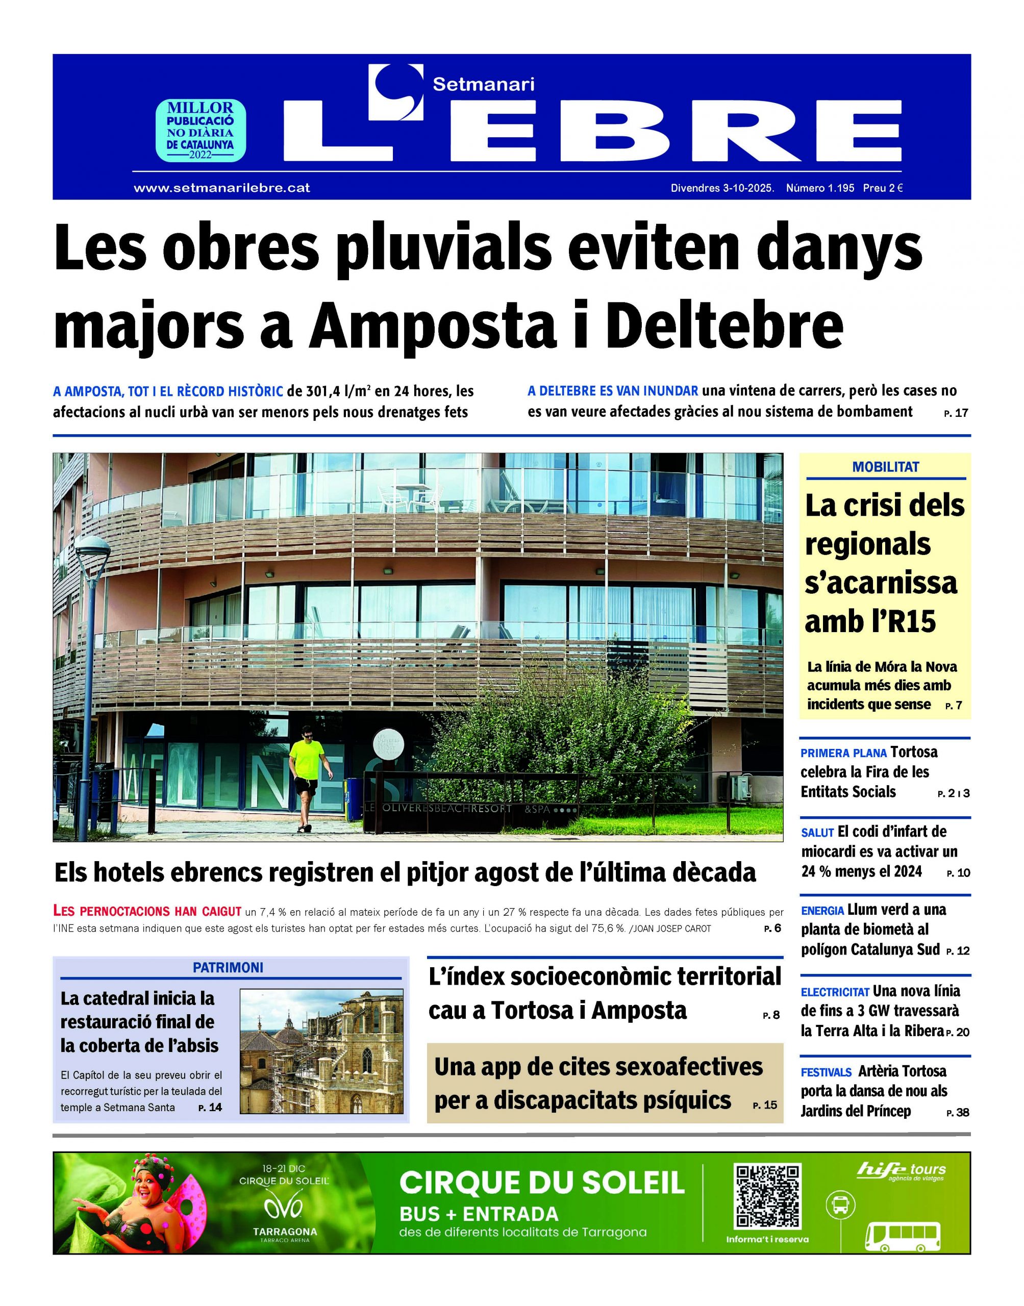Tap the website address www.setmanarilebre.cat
coord(222,188)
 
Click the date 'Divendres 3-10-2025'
coord(722,188)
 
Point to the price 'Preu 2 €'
coord(883,188)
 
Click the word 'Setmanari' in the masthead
coord(483,85)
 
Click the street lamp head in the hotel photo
coord(93,548)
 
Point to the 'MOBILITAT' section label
coord(886,467)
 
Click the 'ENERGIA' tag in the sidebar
coord(822,911)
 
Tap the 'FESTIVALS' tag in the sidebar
coord(826,1072)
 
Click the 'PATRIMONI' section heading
coord(228,967)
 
